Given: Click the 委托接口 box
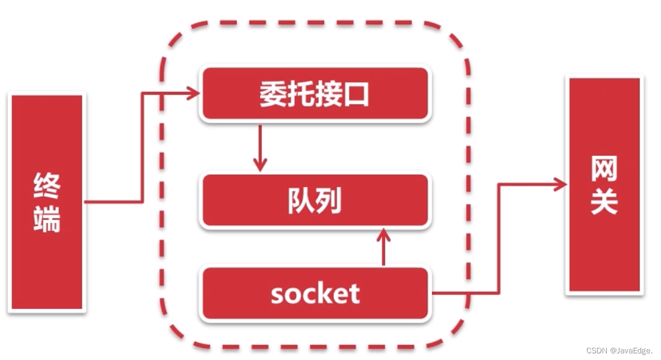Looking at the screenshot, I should coord(315,94).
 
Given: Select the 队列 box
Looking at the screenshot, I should coord(315,201).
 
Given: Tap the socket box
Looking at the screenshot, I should coord(315,294).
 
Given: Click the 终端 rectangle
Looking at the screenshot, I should coord(47,202).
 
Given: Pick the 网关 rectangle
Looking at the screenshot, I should coord(604,185).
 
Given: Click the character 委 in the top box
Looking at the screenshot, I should coord(273,95).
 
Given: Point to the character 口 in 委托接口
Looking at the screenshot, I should coord(356,95).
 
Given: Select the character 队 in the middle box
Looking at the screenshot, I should coord(301,201).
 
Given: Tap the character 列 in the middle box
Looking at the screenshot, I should coord(329,201).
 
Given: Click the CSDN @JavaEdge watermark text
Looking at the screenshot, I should coord(619,350).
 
